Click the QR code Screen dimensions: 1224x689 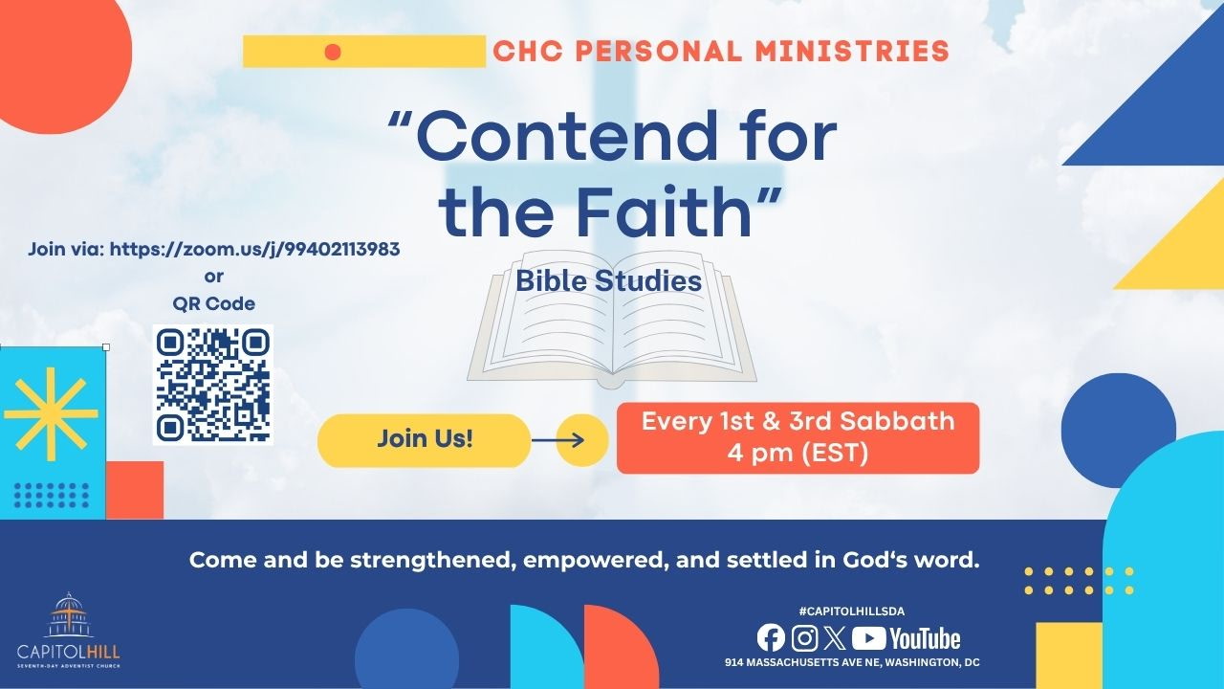coord(213,385)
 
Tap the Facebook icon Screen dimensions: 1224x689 coord(771,638)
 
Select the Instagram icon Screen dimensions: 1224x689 coord(804,638)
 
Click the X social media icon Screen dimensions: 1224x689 coord(835,638)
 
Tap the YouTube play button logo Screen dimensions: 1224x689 coord(869,638)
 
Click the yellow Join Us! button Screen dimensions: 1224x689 coord(424,440)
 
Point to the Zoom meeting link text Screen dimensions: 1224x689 coord(254,250)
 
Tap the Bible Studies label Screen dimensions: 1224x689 coord(609,281)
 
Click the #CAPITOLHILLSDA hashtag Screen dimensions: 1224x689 coord(851,611)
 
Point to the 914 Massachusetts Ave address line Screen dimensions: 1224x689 coord(852,662)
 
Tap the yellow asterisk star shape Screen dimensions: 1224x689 coord(51,414)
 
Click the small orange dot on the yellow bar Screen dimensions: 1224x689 coord(333,52)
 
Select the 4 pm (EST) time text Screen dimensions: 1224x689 coord(798,454)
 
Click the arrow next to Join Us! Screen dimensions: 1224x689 coord(557,440)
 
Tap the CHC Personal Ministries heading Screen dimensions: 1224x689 coord(721,52)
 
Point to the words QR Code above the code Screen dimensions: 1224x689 coord(213,303)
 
